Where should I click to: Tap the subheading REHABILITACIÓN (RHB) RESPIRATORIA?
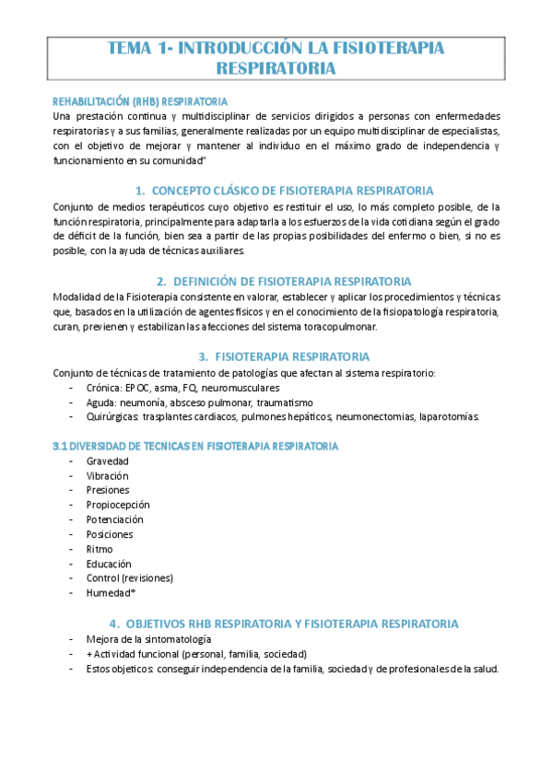140,100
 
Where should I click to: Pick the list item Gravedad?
108,460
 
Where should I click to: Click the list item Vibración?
109,475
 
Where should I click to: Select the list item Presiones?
109,490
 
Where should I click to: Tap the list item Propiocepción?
118,505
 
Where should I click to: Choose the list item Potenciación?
115,519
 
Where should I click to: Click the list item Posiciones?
110,534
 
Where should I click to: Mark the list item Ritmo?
100,549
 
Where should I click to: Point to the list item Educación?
109,564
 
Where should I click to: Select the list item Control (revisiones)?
130,578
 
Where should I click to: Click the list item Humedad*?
111,593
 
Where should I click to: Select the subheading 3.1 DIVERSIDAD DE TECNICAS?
195,446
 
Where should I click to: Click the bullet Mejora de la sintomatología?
148,638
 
